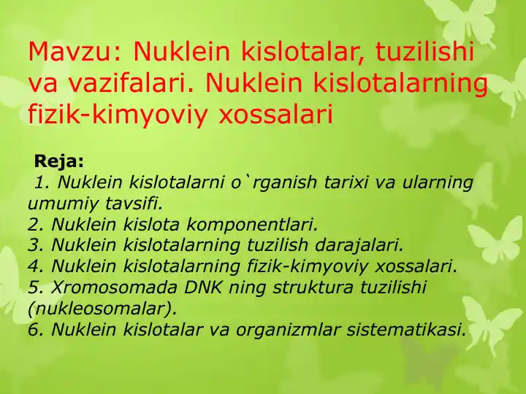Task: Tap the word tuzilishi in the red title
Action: [x=424, y=51]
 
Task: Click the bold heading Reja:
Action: [x=58, y=161]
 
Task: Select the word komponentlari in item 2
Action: [x=252, y=225]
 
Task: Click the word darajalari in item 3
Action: [x=359, y=245]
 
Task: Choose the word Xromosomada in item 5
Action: [x=114, y=287]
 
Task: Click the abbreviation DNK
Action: [x=202, y=287]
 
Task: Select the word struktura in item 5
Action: [x=313, y=287]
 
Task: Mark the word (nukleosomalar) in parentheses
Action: [x=102, y=309]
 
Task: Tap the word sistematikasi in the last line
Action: [x=407, y=329]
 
